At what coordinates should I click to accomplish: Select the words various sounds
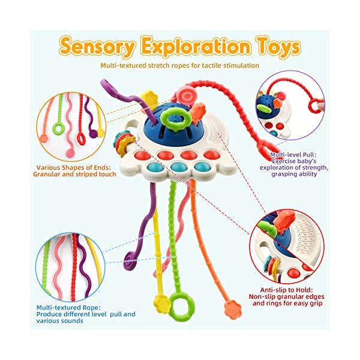(63, 320)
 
